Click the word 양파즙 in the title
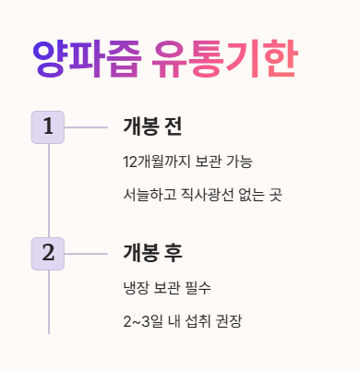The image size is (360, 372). [87, 60]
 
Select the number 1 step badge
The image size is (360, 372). [48, 127]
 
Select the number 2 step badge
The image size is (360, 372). [48, 253]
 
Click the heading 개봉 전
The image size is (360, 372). [151, 127]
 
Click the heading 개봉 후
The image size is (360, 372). [151, 253]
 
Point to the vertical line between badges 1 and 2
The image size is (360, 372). [48, 190]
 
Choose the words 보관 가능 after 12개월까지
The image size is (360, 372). [222, 162]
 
